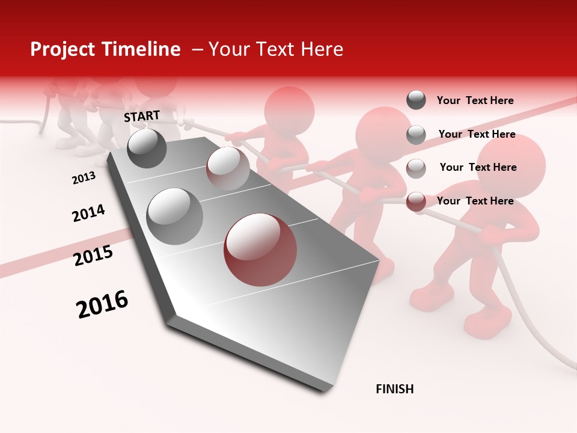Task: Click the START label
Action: coord(142,116)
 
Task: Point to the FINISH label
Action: coord(395,389)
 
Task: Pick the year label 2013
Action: coord(84,178)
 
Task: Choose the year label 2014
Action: coord(88,213)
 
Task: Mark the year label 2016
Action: coord(102,304)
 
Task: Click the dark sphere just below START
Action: coord(147,149)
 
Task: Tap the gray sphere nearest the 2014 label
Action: coord(175,216)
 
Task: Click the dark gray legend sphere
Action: coord(416,100)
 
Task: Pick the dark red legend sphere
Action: coord(416,202)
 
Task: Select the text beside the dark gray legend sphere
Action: coord(475,101)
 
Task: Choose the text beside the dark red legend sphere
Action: coord(475,201)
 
